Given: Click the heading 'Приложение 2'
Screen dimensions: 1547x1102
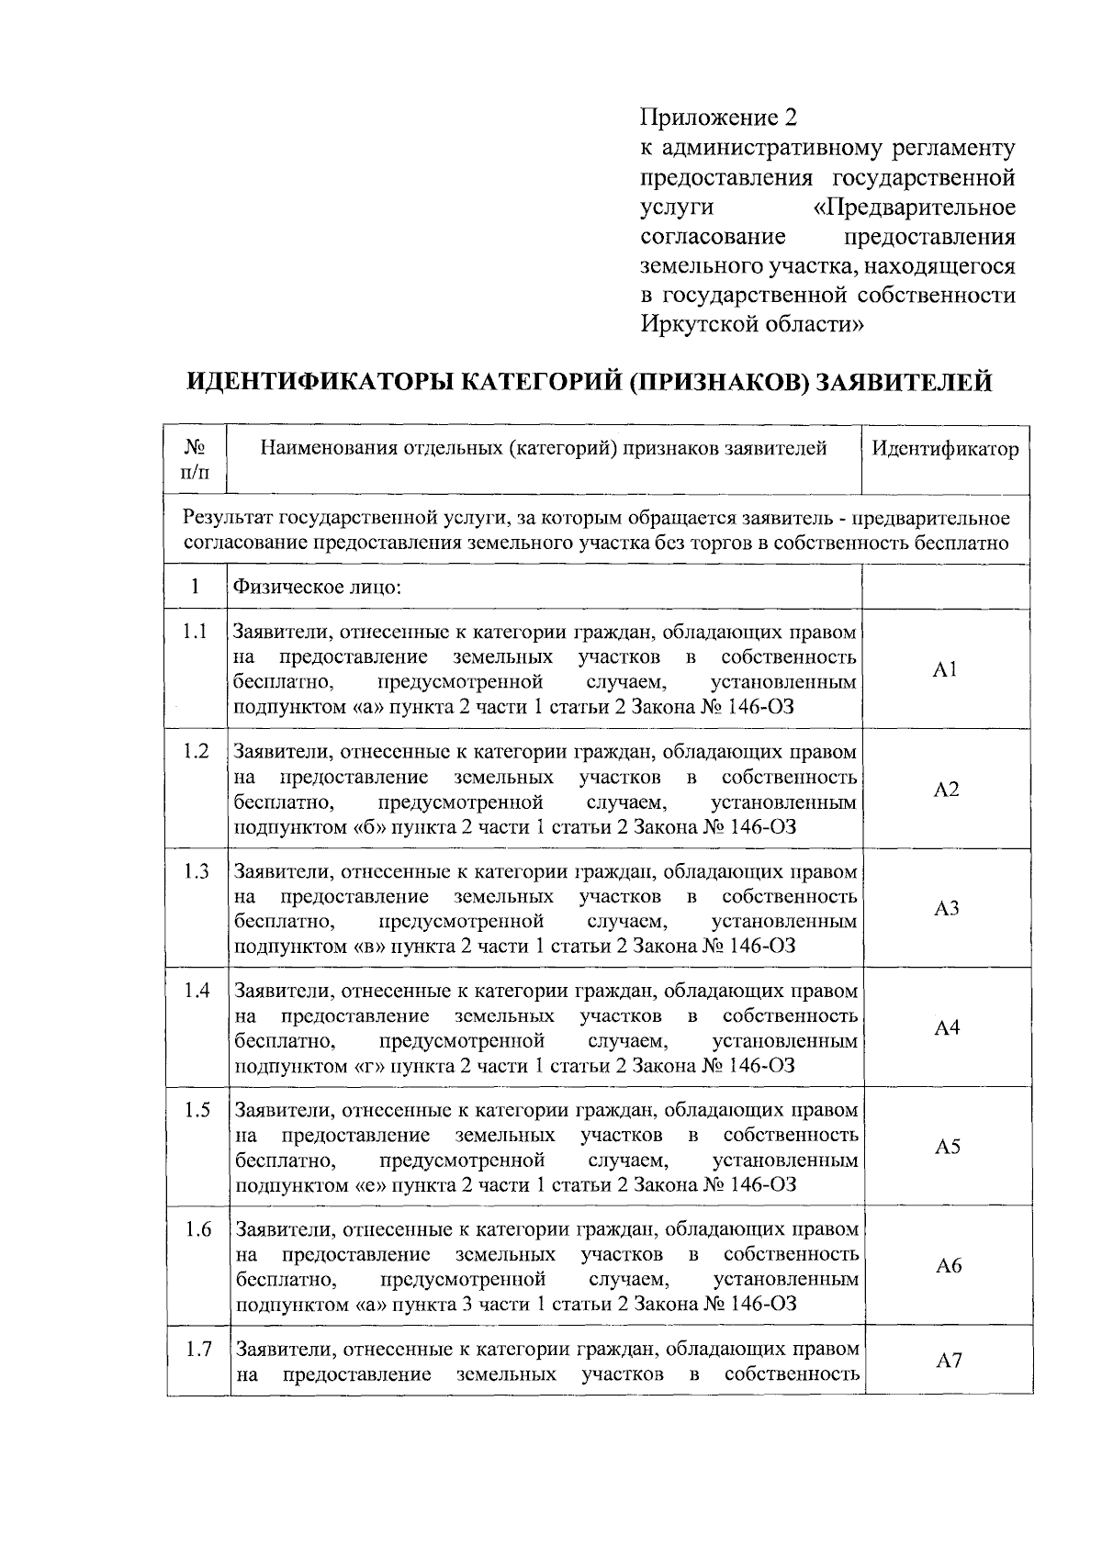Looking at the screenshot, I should [718, 118].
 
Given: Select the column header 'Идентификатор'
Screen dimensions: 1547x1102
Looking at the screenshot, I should [945, 449].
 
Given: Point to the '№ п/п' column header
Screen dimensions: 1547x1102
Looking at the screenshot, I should [195, 459].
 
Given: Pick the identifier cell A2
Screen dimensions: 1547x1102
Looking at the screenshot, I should [946, 790].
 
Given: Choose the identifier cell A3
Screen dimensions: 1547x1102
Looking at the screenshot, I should [946, 909].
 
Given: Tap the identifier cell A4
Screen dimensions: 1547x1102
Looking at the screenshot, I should [947, 1028].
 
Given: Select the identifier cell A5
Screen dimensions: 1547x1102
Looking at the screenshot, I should [948, 1147].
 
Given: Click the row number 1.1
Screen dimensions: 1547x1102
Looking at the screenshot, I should [195, 632].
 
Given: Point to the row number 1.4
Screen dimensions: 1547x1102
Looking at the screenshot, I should [197, 990].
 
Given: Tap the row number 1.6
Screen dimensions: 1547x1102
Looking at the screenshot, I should [198, 1228].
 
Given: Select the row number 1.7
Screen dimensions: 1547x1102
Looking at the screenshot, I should [198, 1349].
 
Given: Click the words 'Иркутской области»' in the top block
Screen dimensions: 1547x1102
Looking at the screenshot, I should [752, 324].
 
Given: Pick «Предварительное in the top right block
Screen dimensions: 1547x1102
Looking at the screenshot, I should [915, 207].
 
